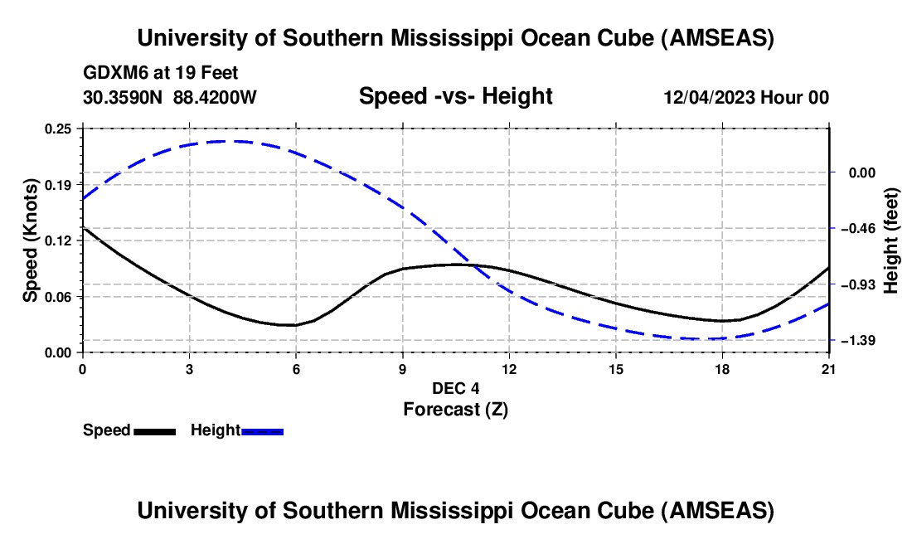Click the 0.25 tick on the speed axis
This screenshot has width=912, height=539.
tap(59, 129)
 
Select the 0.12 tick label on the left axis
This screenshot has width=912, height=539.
tap(59, 240)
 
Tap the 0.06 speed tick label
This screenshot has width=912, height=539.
tap(59, 297)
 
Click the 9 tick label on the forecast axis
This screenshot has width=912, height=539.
tap(403, 369)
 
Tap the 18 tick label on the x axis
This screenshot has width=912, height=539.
tap(722, 369)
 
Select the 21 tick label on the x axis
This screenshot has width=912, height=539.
tap(828, 369)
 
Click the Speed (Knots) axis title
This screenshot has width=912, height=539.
tap(31, 240)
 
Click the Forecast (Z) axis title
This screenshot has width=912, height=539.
tap(455, 409)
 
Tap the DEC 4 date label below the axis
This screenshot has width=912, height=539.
tap(455, 388)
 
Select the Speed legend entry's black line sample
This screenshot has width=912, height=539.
tap(154, 431)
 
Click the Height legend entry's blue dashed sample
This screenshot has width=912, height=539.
tap(263, 431)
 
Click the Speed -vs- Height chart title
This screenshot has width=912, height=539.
tap(455, 96)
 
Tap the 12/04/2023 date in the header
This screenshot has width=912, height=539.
tap(709, 98)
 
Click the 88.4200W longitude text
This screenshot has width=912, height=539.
tap(215, 98)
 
